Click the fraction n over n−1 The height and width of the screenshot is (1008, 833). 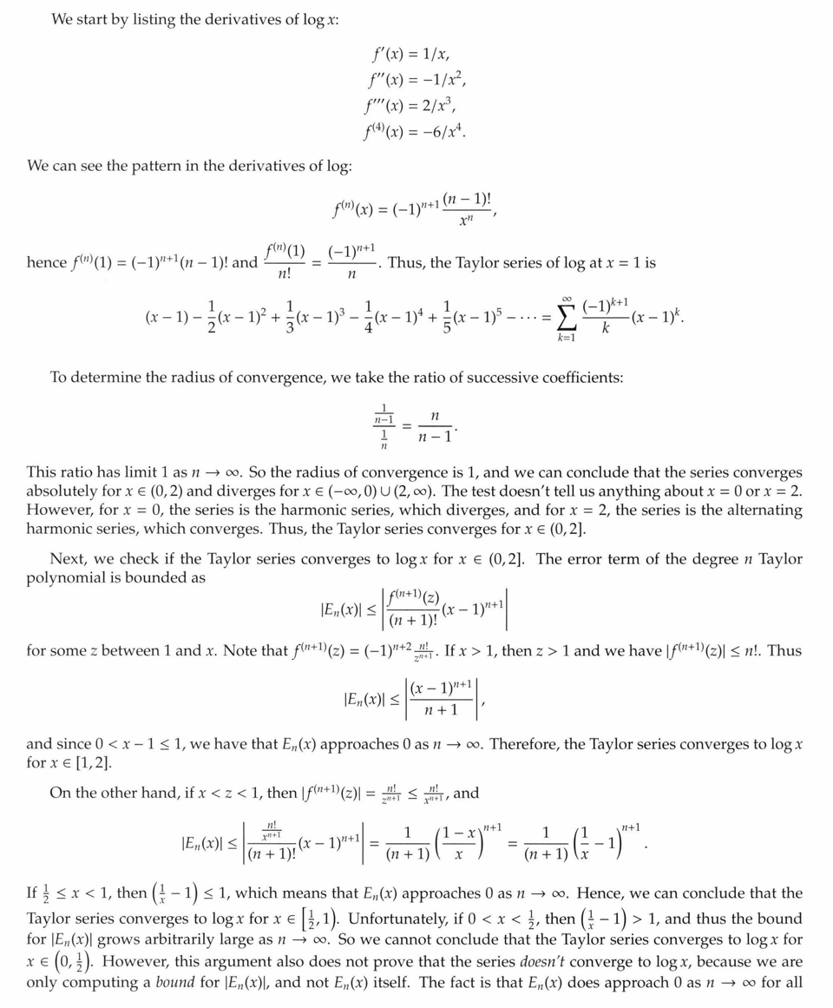436,423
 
